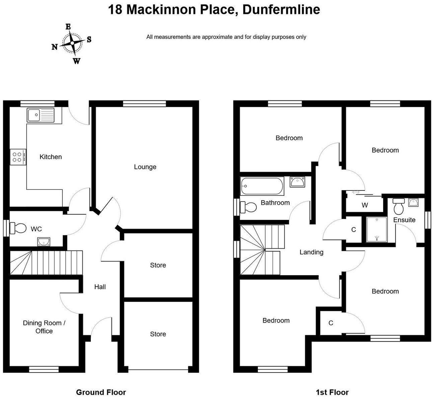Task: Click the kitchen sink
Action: (41, 115)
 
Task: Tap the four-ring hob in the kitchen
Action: (18, 157)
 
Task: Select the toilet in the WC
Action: (18, 228)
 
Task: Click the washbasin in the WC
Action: (44, 242)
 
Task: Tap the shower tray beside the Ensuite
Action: (377, 229)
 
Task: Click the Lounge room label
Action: (145, 167)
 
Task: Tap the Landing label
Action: (311, 252)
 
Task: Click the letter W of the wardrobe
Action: (365, 205)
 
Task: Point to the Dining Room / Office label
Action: (44, 327)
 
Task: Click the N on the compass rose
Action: (55, 47)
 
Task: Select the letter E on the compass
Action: (68, 26)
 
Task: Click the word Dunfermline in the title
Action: (281, 10)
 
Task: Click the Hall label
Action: (100, 287)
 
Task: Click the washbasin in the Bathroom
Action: (297, 182)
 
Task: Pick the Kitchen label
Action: (51, 157)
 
